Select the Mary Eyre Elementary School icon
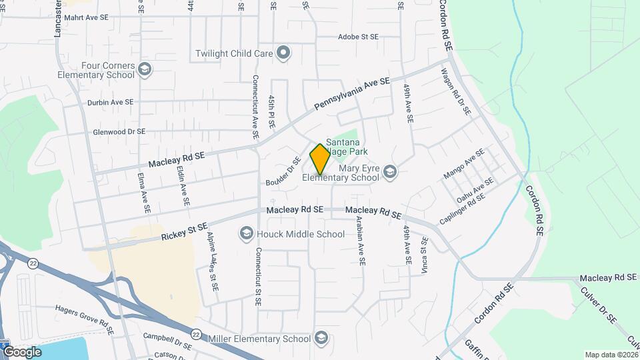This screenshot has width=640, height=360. [390, 173]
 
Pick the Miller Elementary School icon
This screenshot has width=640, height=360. [321, 338]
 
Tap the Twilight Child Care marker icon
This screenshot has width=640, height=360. [283, 53]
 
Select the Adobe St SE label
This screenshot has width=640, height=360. [358, 37]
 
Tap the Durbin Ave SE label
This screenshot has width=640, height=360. [111, 103]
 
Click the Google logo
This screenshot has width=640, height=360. [22, 351]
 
